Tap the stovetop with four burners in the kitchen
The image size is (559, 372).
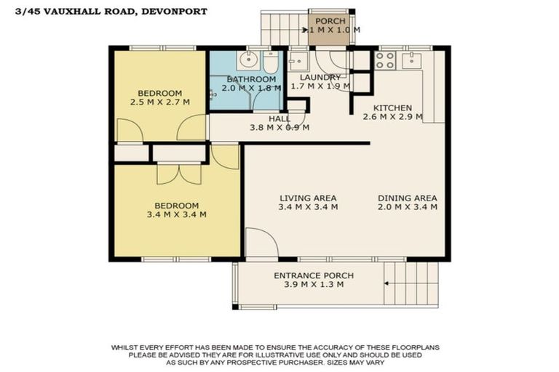point(385,60)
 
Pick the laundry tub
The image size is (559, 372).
point(299,60)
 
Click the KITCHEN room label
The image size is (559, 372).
point(394,107)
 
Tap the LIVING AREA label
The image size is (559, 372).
point(309,198)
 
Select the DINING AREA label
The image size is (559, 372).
point(407,198)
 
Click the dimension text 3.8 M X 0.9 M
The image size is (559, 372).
point(279,128)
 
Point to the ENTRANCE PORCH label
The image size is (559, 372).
point(314,275)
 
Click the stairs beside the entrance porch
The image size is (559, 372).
point(412,283)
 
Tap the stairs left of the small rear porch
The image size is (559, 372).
point(280,28)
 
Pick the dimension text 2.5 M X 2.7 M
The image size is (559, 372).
point(159,102)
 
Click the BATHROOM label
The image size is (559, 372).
point(251,78)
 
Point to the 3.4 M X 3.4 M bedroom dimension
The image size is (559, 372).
point(176,214)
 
